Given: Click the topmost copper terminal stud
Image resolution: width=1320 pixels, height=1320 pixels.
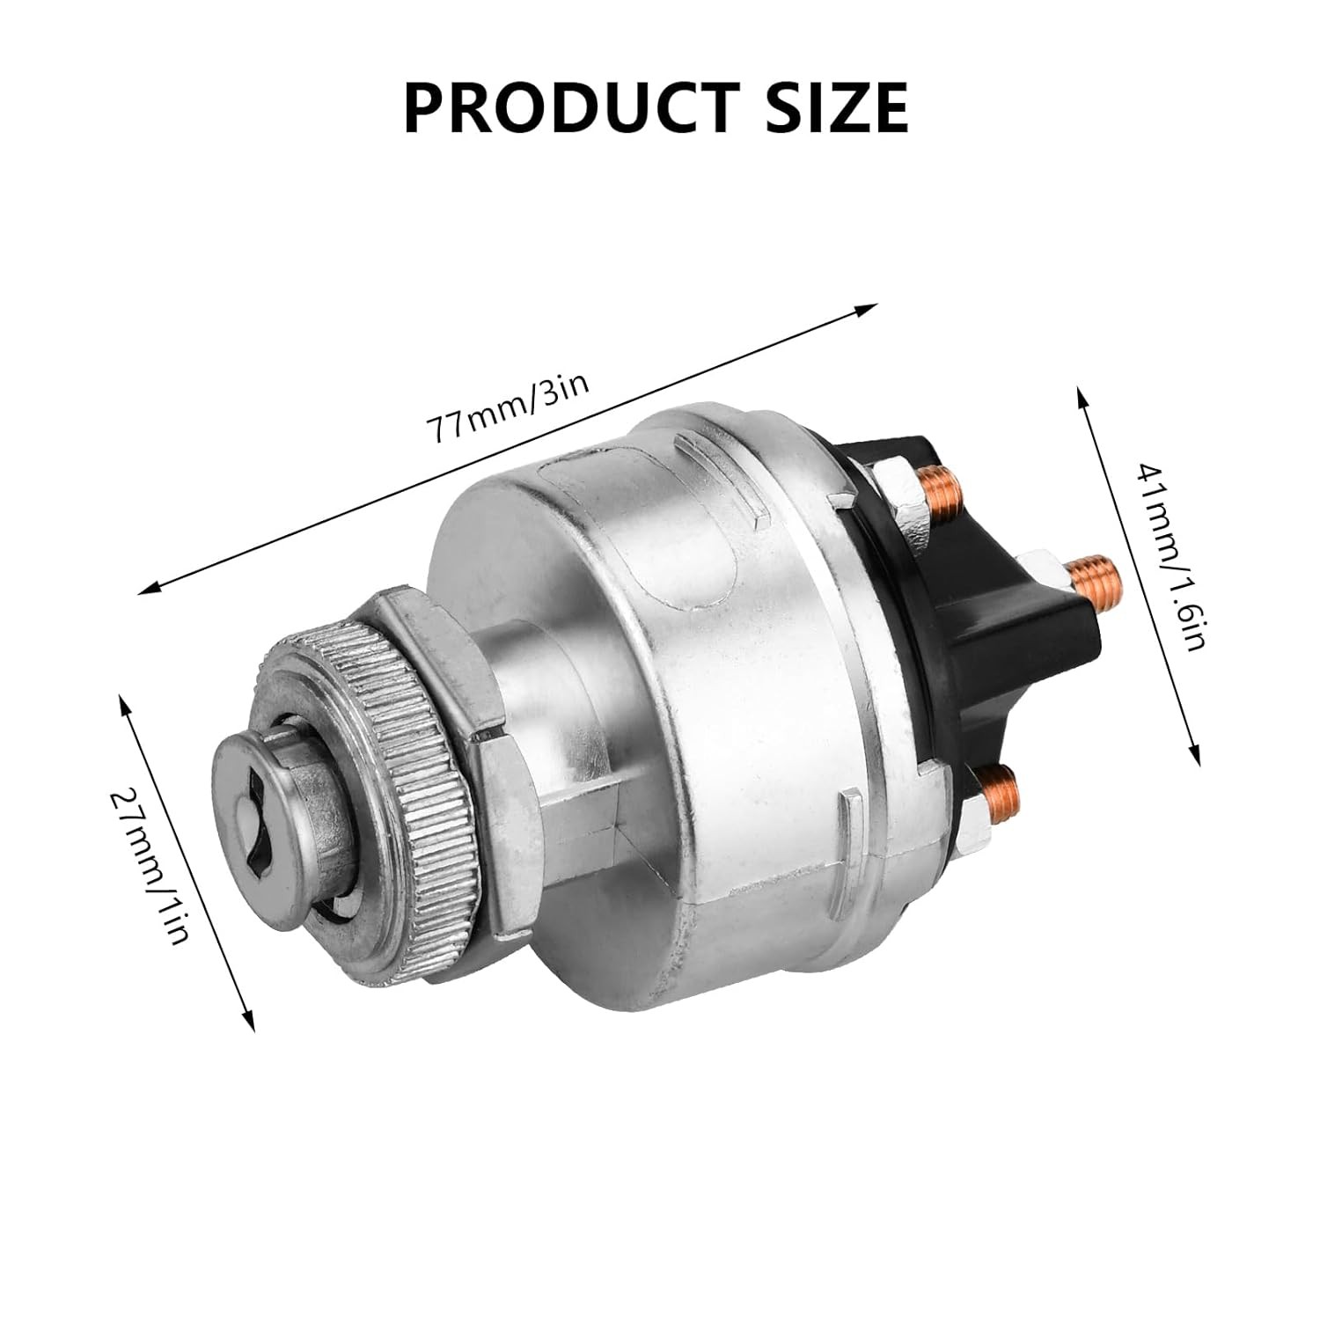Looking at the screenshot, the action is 937,489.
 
